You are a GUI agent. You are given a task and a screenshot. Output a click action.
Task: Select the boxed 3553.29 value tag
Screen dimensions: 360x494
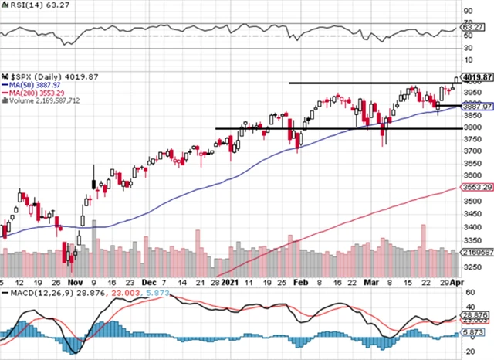coord(479,188)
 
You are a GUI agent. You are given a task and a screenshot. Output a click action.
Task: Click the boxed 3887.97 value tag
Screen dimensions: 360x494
coord(479,107)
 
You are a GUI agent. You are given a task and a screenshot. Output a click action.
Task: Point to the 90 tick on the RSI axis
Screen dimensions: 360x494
coord(468,12)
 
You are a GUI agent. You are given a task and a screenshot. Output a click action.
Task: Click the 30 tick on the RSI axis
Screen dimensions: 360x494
coord(468,48)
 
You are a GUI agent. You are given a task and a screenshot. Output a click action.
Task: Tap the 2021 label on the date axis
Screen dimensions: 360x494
coord(229,284)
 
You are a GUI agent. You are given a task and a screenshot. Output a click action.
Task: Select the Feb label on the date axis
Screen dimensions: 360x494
coord(301,284)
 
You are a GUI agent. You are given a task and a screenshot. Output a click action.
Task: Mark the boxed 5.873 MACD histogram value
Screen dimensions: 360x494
coord(478,332)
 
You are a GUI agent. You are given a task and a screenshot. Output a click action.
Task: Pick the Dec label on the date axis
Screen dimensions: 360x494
coord(151,284)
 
